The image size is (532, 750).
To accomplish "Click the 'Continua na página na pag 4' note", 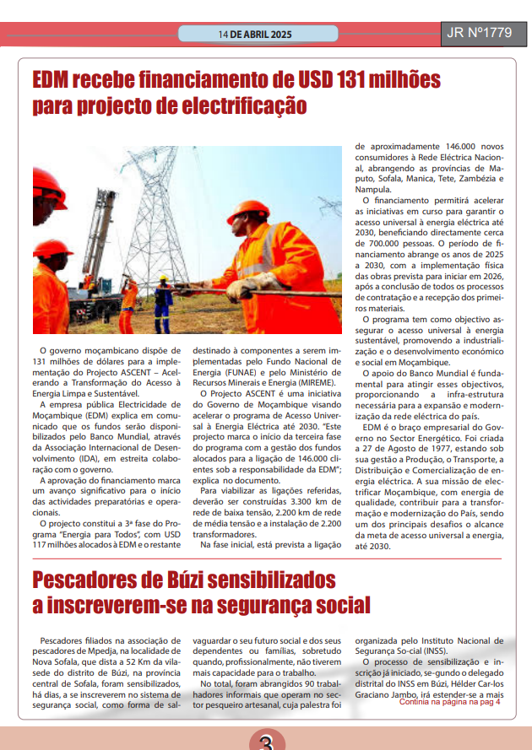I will pyautogui.click(x=450, y=701).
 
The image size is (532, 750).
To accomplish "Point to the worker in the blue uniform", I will pyautogui.click(x=163, y=299).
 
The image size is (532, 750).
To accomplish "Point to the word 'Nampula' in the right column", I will pyautogui.click(x=375, y=189).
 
